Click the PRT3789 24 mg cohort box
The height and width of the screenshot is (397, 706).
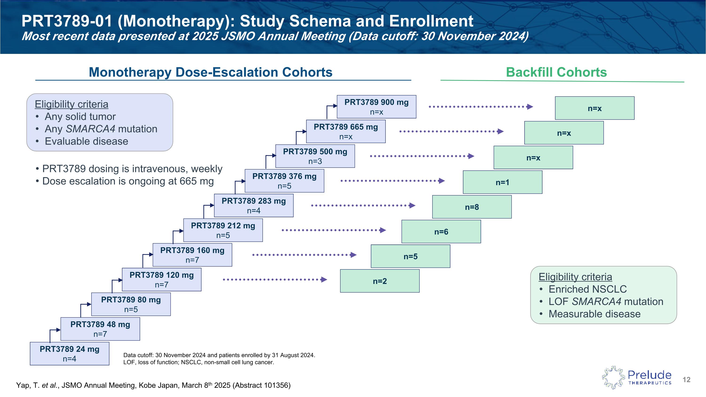[x=69, y=353]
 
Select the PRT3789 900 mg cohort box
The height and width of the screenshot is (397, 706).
[x=376, y=107]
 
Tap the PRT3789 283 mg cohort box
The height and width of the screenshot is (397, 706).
[x=253, y=205]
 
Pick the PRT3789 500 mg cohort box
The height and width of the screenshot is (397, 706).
[x=315, y=156]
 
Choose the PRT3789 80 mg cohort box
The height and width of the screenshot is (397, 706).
[x=131, y=304]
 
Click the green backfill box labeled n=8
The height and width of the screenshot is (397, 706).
[x=472, y=207]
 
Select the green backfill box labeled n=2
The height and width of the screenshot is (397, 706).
[x=380, y=281]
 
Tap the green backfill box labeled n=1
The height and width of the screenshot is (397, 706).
[x=502, y=182]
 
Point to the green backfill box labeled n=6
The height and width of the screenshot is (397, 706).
[x=441, y=232]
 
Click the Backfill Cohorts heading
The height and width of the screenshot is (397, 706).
[x=556, y=72]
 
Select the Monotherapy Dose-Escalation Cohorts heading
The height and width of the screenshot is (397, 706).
[x=210, y=72]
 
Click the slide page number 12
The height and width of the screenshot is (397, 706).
[x=686, y=380]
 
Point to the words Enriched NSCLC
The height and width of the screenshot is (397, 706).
[x=588, y=289]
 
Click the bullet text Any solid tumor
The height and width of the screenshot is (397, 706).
[x=80, y=116]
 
